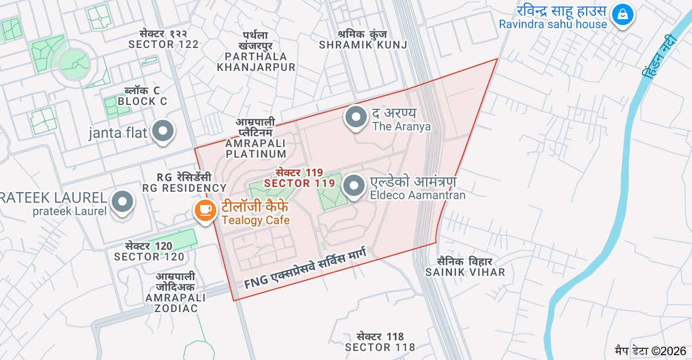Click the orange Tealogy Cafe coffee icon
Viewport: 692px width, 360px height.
pyautogui.click(x=205, y=211)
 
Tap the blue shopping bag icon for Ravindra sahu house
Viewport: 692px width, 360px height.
pyautogui.click(x=622, y=14)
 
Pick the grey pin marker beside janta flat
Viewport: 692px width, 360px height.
pyautogui.click(x=163, y=131)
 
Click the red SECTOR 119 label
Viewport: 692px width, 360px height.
pyautogui.click(x=299, y=178)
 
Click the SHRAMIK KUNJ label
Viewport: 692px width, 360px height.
pyautogui.click(x=363, y=40)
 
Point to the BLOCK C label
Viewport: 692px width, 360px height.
pyautogui.click(x=142, y=96)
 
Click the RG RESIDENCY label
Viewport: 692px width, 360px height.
pyautogui.click(x=184, y=183)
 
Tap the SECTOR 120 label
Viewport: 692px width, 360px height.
pyautogui.click(x=149, y=251)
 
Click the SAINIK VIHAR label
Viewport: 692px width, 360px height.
pyautogui.click(x=465, y=267)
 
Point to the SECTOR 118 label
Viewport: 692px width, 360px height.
pyautogui.click(x=380, y=342)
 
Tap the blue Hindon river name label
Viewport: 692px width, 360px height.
pyautogui.click(x=660, y=56)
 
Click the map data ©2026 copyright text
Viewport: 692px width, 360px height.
pyautogui.click(x=650, y=350)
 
